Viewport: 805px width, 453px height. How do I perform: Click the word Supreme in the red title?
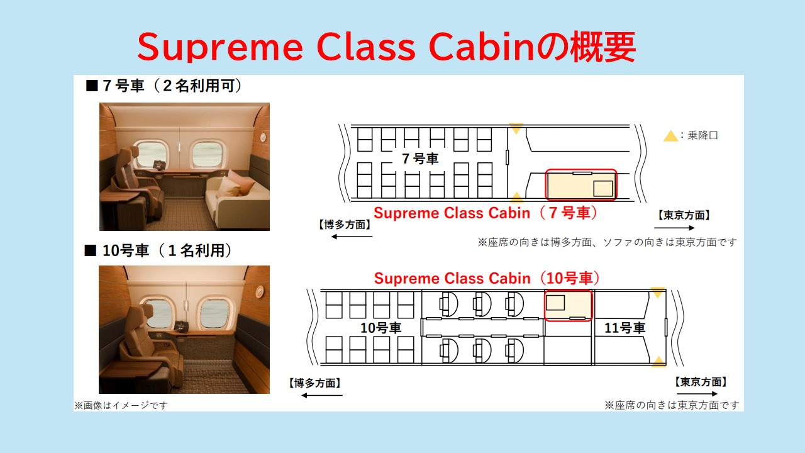click(x=220, y=47)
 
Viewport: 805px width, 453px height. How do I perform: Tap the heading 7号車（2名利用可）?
click(x=164, y=86)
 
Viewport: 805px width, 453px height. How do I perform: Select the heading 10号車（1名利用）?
click(x=158, y=250)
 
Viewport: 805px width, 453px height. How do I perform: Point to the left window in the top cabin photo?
click(x=152, y=155)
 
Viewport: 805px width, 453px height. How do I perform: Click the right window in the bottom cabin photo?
click(x=214, y=314)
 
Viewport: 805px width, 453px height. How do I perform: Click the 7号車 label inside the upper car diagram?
click(x=420, y=159)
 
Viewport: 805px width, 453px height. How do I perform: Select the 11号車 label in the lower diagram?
click(x=625, y=328)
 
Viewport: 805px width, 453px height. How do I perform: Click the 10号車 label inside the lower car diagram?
click(x=380, y=328)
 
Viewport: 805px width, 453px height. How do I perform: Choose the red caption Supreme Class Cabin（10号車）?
click(x=487, y=278)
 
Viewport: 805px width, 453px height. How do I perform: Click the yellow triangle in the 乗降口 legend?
click(x=670, y=136)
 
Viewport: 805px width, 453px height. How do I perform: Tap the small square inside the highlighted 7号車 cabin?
click(x=602, y=189)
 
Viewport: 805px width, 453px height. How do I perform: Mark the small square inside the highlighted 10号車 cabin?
click(x=555, y=303)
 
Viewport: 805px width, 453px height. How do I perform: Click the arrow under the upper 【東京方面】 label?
click(x=674, y=228)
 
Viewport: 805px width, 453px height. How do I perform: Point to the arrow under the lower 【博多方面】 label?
click(x=321, y=396)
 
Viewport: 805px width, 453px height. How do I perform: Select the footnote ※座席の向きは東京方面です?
click(x=672, y=406)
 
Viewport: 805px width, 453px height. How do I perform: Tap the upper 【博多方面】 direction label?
click(x=344, y=225)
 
